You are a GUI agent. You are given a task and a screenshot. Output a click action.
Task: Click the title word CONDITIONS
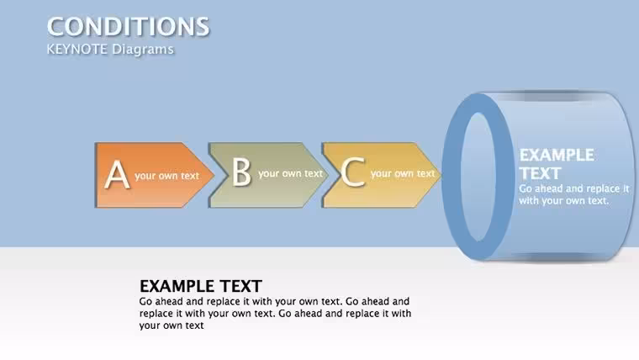pyautogui.click(x=128, y=27)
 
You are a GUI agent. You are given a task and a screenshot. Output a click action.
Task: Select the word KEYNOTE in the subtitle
pyautogui.click(x=77, y=50)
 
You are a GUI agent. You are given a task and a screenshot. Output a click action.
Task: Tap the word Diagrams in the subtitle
pyautogui.click(x=143, y=50)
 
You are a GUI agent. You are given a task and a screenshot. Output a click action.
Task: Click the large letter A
pyautogui.click(x=117, y=174)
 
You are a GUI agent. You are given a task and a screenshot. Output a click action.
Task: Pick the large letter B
pyautogui.click(x=241, y=172)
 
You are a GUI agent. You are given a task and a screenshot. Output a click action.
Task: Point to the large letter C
pyautogui.click(x=352, y=172)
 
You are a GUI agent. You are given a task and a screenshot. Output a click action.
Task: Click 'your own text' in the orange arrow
pyautogui.click(x=166, y=176)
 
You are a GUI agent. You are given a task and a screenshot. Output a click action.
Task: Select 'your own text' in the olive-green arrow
pyautogui.click(x=291, y=173)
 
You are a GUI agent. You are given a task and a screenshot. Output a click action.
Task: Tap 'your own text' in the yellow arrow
pyautogui.click(x=403, y=173)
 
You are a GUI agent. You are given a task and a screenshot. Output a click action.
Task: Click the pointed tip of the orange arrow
pyautogui.click(x=214, y=175)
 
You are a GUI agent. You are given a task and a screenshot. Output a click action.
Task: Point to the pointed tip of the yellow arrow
pyautogui.click(x=441, y=175)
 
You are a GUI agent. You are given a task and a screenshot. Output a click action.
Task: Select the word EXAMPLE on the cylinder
pyautogui.click(x=557, y=155)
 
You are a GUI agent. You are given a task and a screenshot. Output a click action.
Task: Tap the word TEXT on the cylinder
pyautogui.click(x=540, y=173)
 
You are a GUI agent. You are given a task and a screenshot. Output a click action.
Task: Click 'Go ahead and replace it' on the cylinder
pyautogui.click(x=574, y=188)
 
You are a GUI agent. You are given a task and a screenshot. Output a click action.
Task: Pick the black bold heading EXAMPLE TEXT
pyautogui.click(x=200, y=286)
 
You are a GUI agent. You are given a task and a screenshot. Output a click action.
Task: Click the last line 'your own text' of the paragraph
pyautogui.click(x=172, y=326)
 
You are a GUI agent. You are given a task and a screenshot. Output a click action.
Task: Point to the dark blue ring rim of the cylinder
pyautogui.click(x=452, y=177)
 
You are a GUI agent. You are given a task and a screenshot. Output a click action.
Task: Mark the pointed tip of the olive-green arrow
pyautogui.click(x=328, y=175)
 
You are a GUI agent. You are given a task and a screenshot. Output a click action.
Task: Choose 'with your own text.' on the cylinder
pyautogui.click(x=564, y=200)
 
